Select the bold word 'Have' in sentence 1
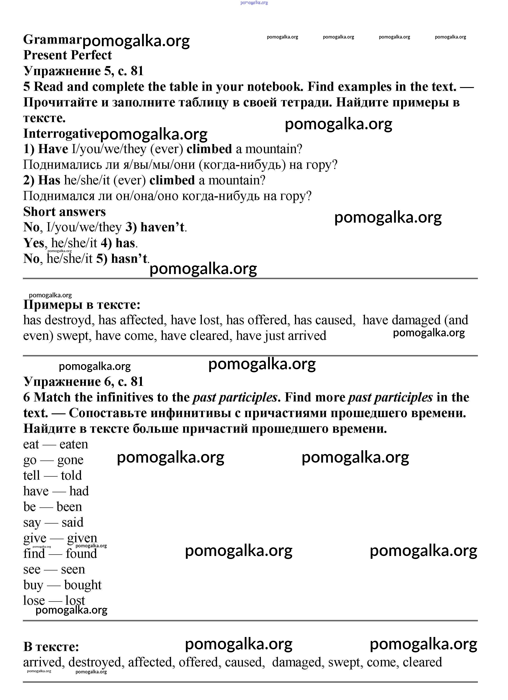coord(53,149)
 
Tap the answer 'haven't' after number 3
coord(162,228)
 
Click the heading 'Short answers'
coord(64,212)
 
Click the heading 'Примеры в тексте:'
coord(82,305)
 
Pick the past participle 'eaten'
coord(74,444)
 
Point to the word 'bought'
coord(83,585)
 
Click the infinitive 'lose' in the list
coord(34,600)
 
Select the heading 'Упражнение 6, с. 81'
coord(83,382)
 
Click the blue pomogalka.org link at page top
coord(254,3)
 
